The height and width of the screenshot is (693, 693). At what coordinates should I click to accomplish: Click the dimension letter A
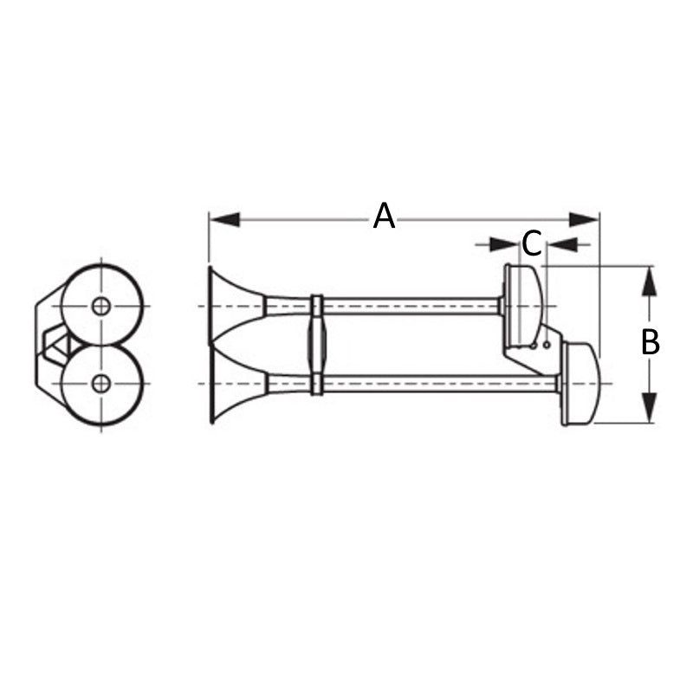click(384, 216)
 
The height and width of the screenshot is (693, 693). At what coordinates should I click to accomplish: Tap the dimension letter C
click(532, 243)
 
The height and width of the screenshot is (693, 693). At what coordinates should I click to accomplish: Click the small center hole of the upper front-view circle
click(101, 306)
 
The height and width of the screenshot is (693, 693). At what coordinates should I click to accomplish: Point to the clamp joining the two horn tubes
click(317, 344)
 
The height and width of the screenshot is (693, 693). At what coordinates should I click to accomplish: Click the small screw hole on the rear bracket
click(547, 345)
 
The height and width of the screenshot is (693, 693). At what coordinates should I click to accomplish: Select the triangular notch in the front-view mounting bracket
click(55, 344)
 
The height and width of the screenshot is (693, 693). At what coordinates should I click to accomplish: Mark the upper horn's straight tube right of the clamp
click(407, 306)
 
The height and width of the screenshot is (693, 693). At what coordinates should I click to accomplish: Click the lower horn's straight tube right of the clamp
click(433, 383)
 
